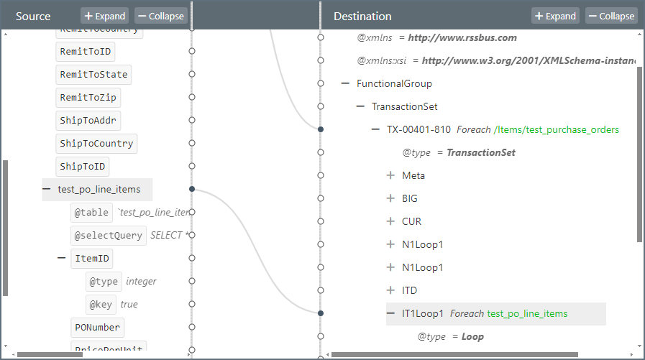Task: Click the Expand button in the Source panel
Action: (104, 16)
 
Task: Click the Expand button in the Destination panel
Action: (555, 16)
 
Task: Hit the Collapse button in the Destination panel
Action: (611, 16)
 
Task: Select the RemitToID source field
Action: (86, 52)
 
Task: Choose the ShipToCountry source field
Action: (96, 144)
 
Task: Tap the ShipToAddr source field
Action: (88, 121)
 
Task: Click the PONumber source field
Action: (97, 328)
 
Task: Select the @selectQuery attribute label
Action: (109, 236)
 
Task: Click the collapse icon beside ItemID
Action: (61, 259)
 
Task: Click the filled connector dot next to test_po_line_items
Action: (192, 190)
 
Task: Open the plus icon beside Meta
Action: (390, 175)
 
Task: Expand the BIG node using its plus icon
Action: (390, 198)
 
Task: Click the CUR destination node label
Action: (412, 221)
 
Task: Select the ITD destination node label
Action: (410, 290)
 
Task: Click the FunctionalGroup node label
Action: (394, 83)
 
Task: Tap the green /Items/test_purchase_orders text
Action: (556, 129)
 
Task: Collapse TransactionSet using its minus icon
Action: (360, 106)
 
